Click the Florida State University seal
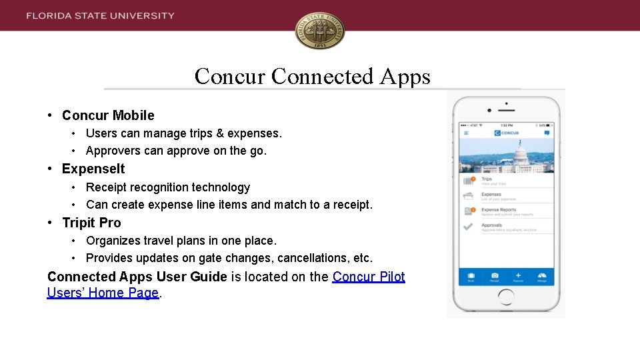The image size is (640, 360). pos(320,31)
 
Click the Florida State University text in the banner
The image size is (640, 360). pos(101,15)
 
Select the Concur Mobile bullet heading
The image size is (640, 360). pos(108,115)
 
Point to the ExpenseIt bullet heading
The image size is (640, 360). pos(93,169)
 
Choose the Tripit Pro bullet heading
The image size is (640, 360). pos(91,223)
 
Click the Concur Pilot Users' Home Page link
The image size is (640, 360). pos(227,285)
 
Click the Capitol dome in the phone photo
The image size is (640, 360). pos(520,151)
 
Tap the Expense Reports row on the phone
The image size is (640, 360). pos(507,212)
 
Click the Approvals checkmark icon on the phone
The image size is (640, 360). pos(469,227)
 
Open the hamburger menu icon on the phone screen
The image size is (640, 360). pos(466,133)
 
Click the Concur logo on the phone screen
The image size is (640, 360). pos(507,133)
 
